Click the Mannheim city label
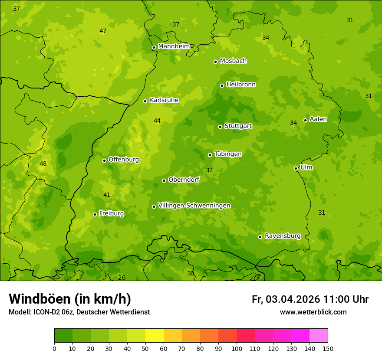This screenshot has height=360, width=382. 174,46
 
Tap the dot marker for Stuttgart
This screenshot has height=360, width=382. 220,127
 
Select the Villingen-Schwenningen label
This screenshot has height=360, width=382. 194,206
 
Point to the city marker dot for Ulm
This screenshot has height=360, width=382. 296,168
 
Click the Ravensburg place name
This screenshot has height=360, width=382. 283,236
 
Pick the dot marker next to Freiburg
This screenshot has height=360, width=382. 95,214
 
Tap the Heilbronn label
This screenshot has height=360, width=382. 241,85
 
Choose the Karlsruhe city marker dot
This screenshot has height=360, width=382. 145,101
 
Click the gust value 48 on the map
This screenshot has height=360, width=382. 43,164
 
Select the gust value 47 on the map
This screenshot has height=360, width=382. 103,31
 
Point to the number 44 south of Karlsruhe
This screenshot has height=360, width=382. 157,121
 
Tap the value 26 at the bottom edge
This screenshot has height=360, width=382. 122,278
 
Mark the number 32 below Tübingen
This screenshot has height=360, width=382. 209,170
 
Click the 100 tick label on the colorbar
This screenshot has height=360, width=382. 237,348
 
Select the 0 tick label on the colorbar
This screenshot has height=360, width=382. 54,348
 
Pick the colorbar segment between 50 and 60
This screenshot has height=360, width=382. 155,336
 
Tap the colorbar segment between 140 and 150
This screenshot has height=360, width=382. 319,336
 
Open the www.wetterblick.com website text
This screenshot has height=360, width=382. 313,312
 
